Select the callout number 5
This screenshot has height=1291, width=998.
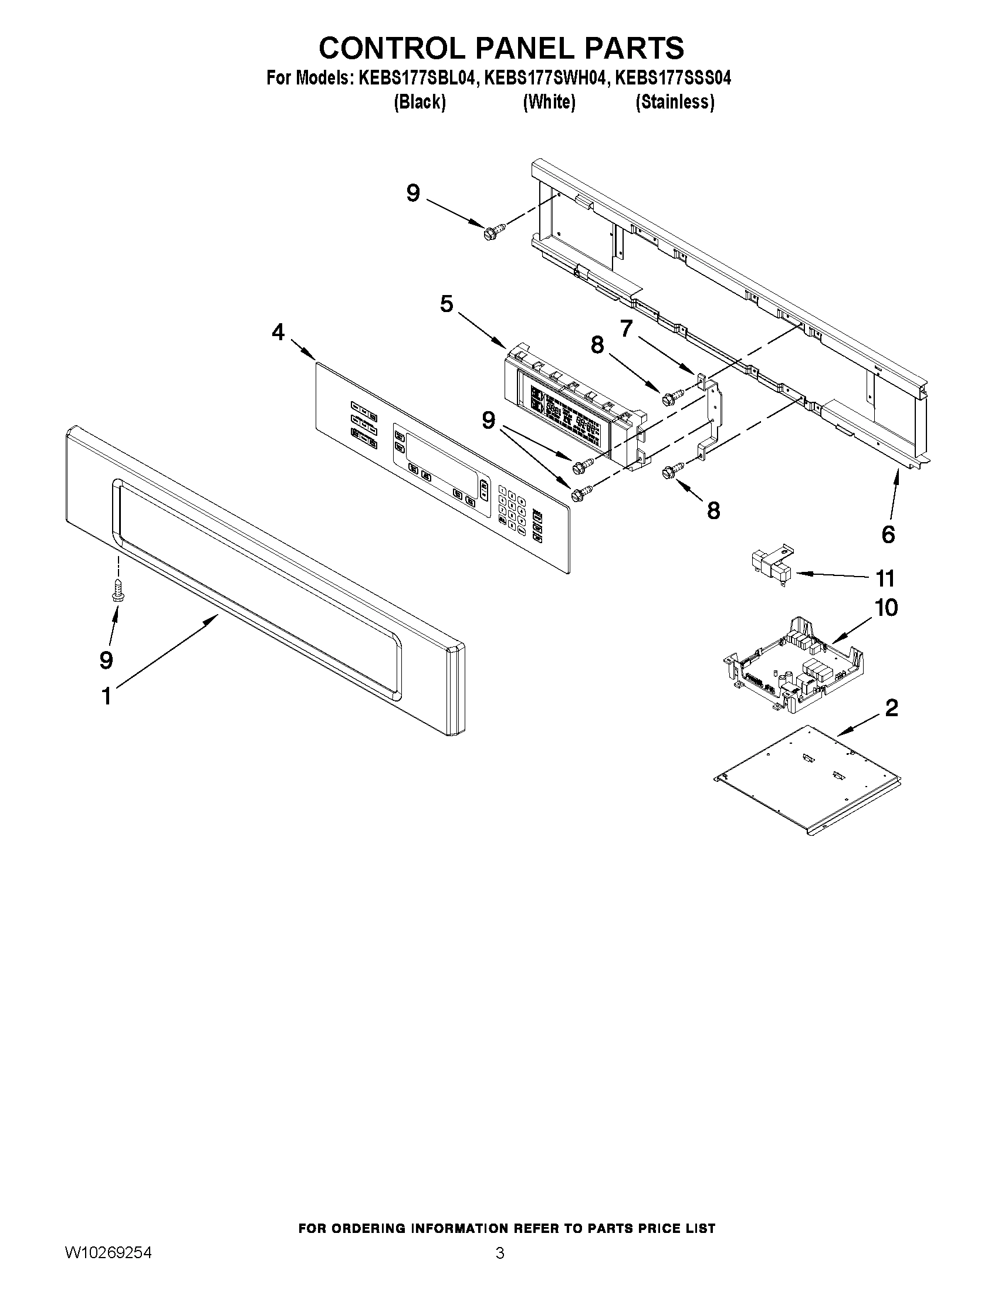[x=446, y=304]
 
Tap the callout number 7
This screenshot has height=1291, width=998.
[x=626, y=328]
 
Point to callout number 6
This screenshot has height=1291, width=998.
[x=888, y=534]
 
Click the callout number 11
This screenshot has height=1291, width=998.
[x=885, y=578]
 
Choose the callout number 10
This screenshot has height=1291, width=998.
[x=887, y=608]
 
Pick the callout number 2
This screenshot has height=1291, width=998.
[x=892, y=707]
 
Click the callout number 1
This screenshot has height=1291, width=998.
[x=106, y=696]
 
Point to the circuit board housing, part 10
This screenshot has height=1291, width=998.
[x=792, y=665]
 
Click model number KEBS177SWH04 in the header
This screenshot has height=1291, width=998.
[x=545, y=78]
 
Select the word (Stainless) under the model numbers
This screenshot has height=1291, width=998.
[x=675, y=102]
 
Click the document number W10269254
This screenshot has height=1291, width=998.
[x=107, y=1252]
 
